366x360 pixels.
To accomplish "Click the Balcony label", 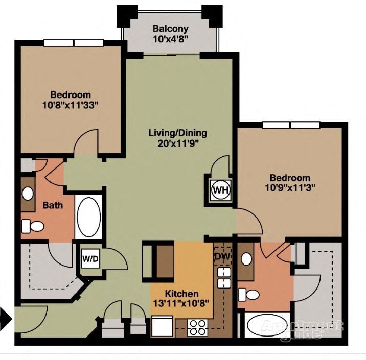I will click(170, 29).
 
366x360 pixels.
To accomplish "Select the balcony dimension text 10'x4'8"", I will click(170, 38).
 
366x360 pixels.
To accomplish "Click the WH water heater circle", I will click(220, 190).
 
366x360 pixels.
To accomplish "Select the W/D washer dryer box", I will click(90, 259).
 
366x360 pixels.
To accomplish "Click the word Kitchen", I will click(181, 294).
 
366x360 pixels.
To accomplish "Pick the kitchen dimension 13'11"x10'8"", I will click(181, 303).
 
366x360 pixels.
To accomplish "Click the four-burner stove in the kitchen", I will click(197, 326).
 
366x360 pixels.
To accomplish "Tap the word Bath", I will click(53, 205).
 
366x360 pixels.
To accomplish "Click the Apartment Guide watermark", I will click(302, 329).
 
